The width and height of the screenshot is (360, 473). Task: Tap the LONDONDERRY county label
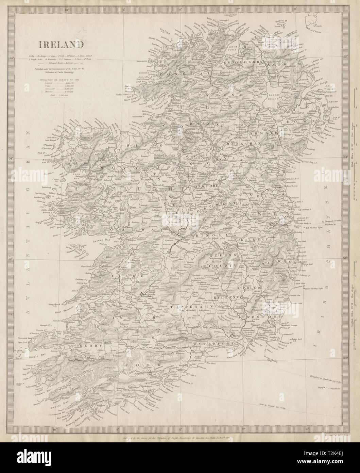pyautogui.click(x=241, y=62)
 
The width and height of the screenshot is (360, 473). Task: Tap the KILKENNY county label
pyautogui.click(x=230, y=297)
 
